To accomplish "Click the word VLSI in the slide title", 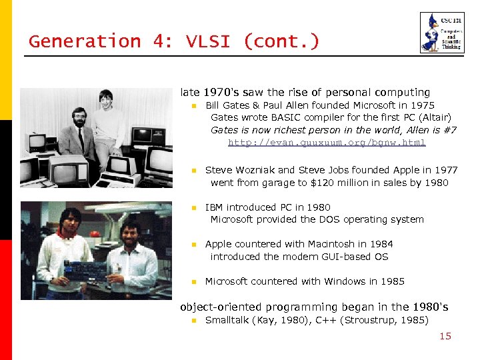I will (204, 41).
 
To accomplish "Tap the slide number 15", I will (445, 336).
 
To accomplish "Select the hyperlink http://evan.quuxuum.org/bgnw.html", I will (326, 143).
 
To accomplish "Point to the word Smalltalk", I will (227, 320).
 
